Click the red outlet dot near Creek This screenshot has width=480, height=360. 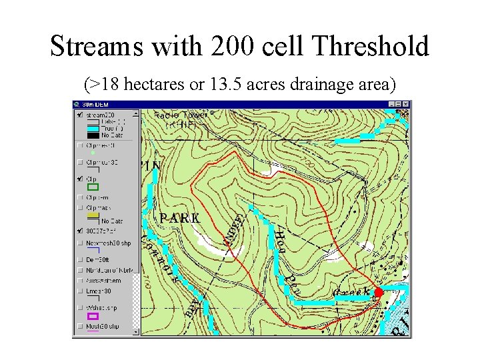click(x=379, y=292)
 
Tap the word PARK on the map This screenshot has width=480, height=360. click(x=179, y=218)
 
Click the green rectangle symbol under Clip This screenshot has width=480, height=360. click(x=93, y=187)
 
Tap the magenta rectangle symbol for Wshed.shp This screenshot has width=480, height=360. click(x=93, y=316)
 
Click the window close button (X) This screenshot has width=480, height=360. click(x=406, y=105)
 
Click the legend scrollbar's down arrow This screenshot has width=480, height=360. click(x=136, y=331)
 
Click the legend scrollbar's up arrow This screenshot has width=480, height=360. click(x=136, y=113)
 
